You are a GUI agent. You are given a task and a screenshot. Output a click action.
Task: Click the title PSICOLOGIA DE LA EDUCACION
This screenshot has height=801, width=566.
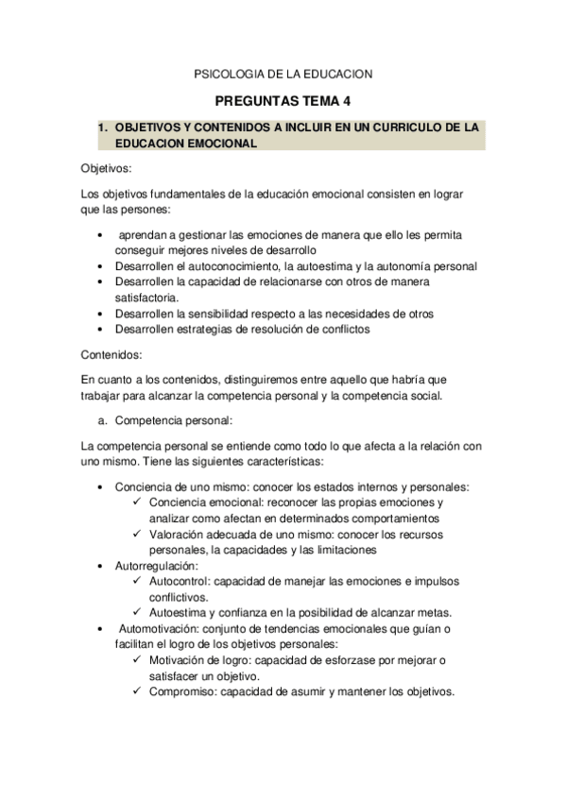point(283,73)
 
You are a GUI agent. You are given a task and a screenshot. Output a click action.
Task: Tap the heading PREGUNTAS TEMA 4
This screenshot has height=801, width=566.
point(283,101)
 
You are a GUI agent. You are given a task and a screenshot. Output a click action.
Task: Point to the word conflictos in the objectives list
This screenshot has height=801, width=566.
point(343,330)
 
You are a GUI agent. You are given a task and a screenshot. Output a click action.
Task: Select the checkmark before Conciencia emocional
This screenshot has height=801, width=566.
point(139,503)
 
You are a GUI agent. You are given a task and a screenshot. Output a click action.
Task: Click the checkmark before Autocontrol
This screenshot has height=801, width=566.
point(139,581)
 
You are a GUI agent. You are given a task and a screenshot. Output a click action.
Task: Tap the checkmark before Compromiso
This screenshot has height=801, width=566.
point(139,690)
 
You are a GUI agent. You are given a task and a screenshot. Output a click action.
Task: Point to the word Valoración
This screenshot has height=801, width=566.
point(180,534)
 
